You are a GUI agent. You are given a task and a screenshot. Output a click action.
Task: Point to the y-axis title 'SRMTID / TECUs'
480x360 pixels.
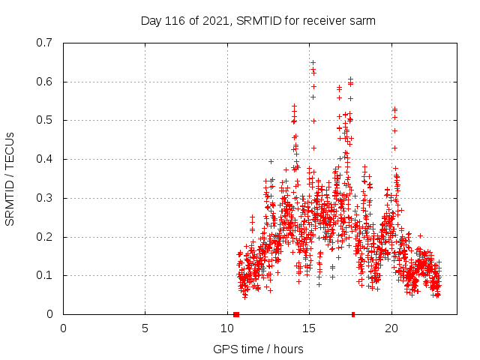click(10, 178)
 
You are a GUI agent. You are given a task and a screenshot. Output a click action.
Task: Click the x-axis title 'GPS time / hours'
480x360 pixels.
click(258, 349)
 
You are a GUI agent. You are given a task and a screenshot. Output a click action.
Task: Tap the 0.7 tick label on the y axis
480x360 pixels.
click(46, 43)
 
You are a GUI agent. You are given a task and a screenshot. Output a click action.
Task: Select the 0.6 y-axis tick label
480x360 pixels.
click(46, 82)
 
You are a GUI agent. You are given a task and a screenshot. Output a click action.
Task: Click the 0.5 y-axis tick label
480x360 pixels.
click(46, 120)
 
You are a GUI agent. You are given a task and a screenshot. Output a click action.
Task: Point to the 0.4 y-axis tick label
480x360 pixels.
click(46, 159)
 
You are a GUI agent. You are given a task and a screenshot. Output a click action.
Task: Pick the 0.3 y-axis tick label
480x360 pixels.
click(46, 198)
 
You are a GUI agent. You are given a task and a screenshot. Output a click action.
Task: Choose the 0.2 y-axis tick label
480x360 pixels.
click(46, 237)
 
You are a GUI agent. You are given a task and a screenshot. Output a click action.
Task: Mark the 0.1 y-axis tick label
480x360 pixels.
click(46, 275)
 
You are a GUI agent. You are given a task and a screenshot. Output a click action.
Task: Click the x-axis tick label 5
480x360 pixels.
click(145, 328)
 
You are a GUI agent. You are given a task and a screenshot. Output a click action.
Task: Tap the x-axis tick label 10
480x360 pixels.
click(227, 328)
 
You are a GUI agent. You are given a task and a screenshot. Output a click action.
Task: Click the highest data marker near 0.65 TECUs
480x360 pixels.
click(313, 62)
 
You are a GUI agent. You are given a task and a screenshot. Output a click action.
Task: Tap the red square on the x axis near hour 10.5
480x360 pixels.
click(236, 314)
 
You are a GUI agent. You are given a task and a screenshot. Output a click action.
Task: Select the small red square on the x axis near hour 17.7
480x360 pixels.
click(353, 314)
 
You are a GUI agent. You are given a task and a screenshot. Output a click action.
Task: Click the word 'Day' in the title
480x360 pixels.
click(151, 21)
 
